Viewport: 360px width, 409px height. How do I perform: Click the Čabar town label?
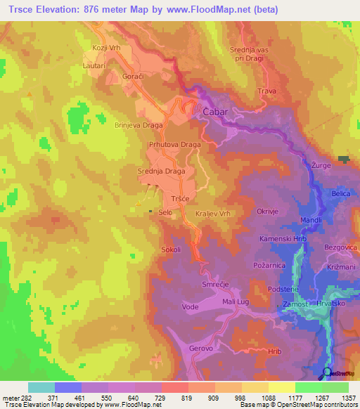217,112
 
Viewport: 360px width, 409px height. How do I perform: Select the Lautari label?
94,65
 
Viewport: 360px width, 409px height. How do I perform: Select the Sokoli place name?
172,249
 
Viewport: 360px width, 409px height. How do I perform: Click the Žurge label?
321,165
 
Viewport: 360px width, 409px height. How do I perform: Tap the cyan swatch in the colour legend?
41,387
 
